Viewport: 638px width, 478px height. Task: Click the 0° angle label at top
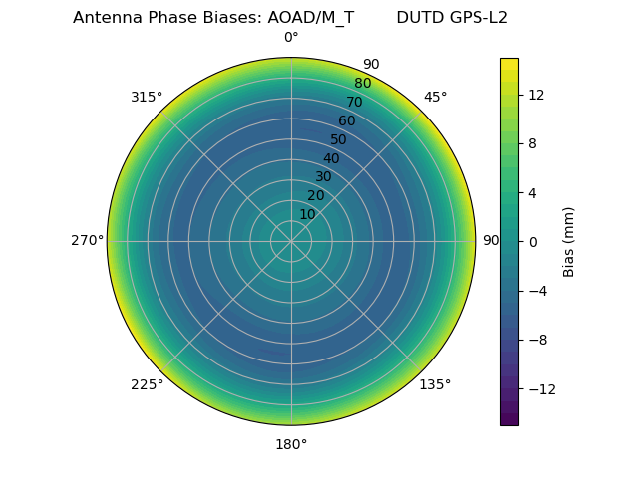coord(291,38)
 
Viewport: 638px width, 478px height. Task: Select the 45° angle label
coord(435,97)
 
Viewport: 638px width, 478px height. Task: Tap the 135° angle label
coord(435,384)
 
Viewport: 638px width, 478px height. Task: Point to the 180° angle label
coord(291,444)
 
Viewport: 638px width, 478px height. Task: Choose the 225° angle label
coord(147,384)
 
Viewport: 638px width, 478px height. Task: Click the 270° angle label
coord(87,240)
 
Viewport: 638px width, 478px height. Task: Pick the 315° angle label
coord(147,97)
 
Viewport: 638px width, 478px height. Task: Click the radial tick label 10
coord(307,214)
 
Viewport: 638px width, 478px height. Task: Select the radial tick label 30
coord(323,176)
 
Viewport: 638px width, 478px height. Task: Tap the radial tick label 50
coord(339,139)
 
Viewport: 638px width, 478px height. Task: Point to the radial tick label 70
coord(354,102)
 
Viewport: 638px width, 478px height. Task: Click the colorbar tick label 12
coord(535,95)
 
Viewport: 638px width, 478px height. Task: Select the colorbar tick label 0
coord(532,242)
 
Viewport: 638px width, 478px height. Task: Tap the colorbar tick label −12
coord(539,389)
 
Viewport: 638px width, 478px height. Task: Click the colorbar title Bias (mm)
coord(569,242)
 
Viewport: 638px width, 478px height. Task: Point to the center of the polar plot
coord(291,241)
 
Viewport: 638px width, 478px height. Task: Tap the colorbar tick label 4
coord(532,192)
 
